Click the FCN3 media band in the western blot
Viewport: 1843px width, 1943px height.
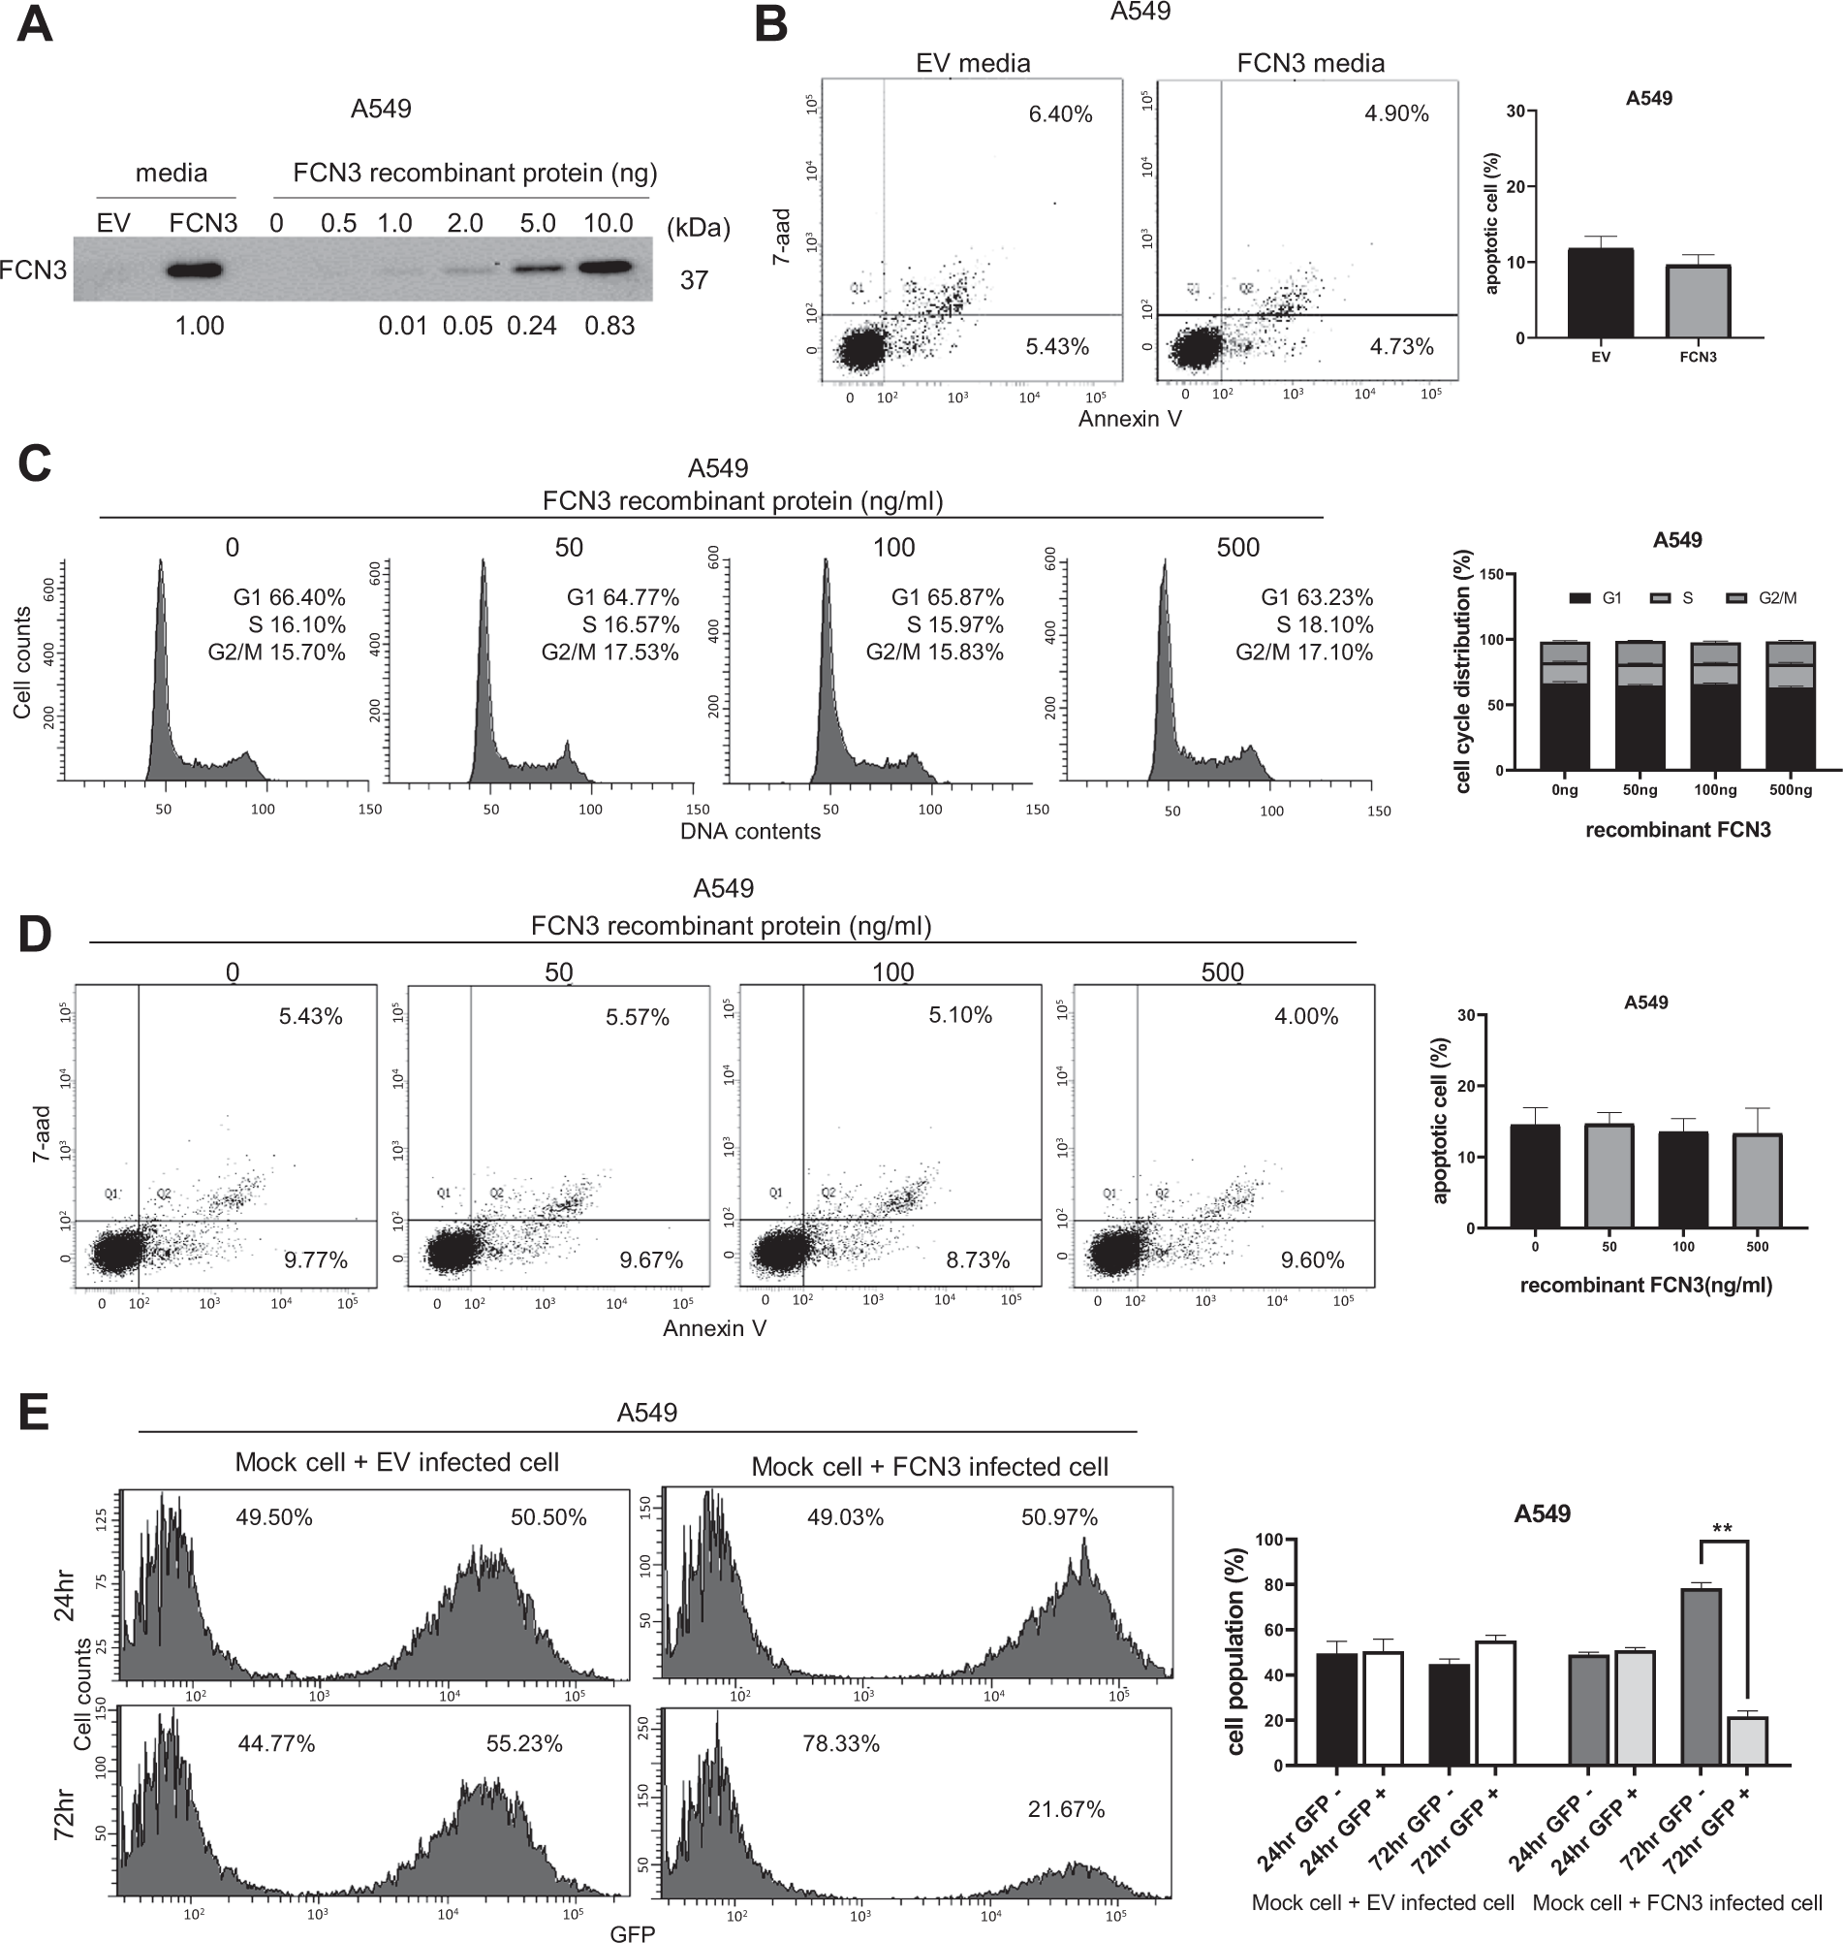(x=198, y=271)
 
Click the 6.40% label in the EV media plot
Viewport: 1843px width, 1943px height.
(x=1060, y=115)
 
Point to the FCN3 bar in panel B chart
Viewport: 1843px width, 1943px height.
(x=1698, y=302)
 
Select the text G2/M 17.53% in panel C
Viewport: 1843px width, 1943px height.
(x=610, y=653)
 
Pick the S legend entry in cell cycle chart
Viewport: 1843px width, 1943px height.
(x=1677, y=597)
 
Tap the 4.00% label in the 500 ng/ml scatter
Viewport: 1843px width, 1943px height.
(x=1305, y=1017)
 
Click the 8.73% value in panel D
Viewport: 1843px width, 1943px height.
(x=978, y=1261)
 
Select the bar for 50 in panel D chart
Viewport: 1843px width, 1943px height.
(x=1609, y=1176)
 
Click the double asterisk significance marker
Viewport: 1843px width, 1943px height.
(x=1721, y=1529)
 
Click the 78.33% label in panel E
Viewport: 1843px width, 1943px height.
(x=841, y=1744)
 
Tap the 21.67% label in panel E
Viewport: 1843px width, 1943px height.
(x=1066, y=1809)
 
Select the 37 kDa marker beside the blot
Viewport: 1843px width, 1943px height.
(x=694, y=281)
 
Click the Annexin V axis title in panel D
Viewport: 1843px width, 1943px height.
(x=714, y=1328)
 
